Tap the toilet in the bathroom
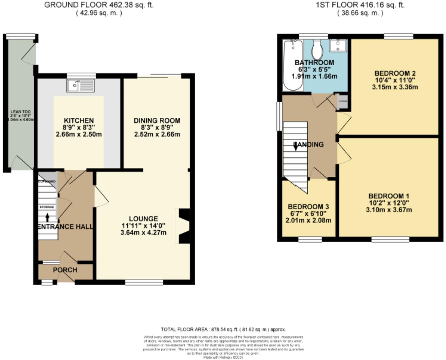(x=317, y=50)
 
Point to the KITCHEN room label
(x=79, y=121)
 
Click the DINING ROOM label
(x=157, y=121)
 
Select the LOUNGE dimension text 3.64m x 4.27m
(x=143, y=232)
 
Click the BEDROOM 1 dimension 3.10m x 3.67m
(x=389, y=210)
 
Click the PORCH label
(x=65, y=270)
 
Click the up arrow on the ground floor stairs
(x=47, y=217)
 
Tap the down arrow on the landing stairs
(x=295, y=147)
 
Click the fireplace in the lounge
(x=184, y=226)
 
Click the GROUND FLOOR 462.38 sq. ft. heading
(x=99, y=5)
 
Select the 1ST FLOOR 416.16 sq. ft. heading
(x=360, y=5)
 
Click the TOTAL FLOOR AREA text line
(x=223, y=329)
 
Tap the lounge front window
(x=144, y=282)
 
